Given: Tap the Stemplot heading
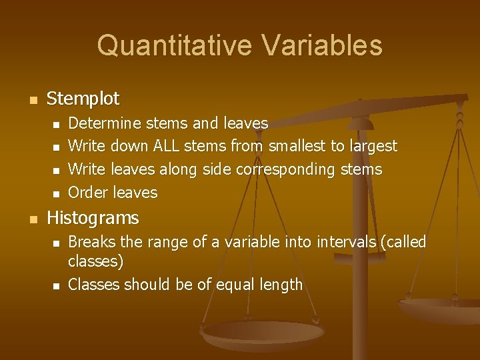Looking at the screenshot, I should coord(83,99).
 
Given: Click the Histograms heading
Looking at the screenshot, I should coord(93,218).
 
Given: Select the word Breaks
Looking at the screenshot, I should coord(92,242).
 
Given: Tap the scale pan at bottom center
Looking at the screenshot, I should coord(245,333).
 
